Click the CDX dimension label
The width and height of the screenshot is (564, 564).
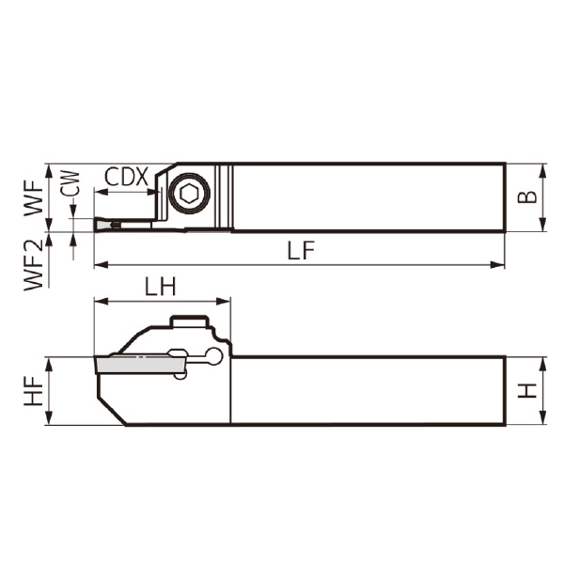[x=126, y=177]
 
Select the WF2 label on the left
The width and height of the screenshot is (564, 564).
[x=34, y=266]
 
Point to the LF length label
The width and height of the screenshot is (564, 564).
[x=300, y=250]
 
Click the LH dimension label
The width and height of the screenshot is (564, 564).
[x=161, y=288]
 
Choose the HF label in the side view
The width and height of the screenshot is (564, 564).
[x=34, y=391]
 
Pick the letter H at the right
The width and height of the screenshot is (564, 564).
[x=531, y=390]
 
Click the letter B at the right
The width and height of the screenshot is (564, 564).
[x=531, y=197]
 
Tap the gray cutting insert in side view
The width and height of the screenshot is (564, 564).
[x=132, y=362]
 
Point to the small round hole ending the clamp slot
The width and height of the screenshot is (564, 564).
[x=215, y=356]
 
